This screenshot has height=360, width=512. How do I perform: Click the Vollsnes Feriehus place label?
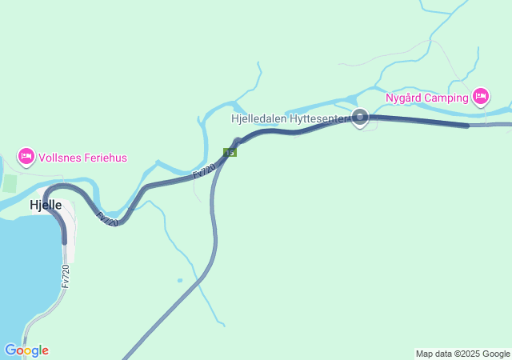pyautogui.click(x=82, y=158)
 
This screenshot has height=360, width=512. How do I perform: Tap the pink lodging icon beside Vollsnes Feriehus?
pyautogui.click(x=26, y=155)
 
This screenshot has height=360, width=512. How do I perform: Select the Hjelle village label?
pyautogui.click(x=46, y=205)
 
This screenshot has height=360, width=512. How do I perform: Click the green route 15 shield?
pyautogui.click(x=230, y=152)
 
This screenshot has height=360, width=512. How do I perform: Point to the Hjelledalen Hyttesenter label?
pyautogui.click(x=290, y=118)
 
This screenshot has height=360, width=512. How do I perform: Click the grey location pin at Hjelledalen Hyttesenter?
pyautogui.click(x=360, y=118)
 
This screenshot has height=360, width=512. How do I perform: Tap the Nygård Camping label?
pyautogui.click(x=427, y=98)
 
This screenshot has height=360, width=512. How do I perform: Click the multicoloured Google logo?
pyautogui.click(x=26, y=350)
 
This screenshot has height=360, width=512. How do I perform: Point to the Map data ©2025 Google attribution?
pyautogui.click(x=462, y=354)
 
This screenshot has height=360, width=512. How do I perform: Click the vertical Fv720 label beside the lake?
pyautogui.click(x=65, y=276)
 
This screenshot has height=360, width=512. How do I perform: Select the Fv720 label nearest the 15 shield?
pyautogui.click(x=205, y=170)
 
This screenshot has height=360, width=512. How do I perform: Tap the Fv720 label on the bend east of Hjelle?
pyautogui.click(x=106, y=218)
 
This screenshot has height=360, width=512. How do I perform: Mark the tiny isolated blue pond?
pyautogui.click(x=180, y=281)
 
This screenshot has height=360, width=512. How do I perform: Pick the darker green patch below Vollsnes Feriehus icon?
pyautogui.click(x=9, y=183)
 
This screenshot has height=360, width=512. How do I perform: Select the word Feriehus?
pyautogui.click(x=104, y=158)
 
